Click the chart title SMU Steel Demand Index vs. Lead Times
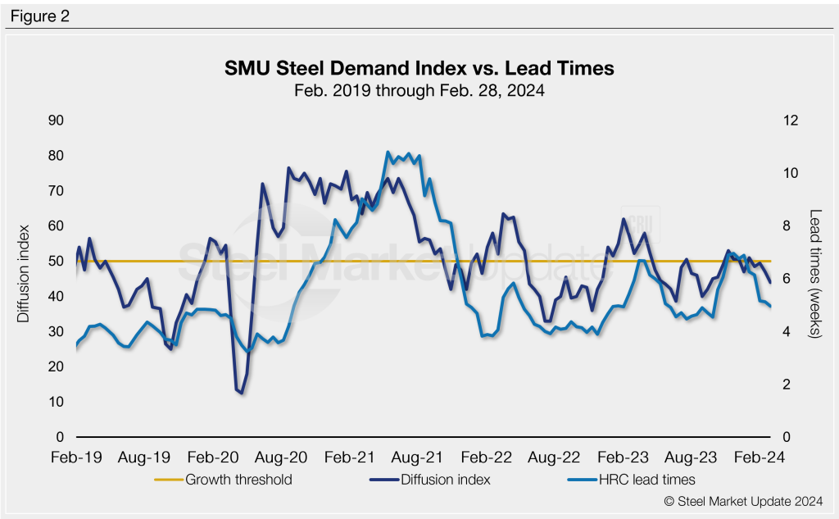pos(419,69)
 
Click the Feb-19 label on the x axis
pos(76,458)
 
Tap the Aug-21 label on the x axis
pos(420,458)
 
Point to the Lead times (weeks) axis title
pos(815,274)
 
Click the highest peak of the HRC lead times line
pos(388,153)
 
